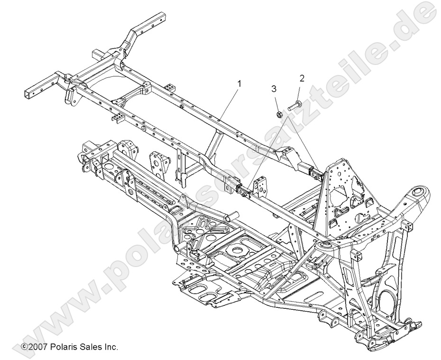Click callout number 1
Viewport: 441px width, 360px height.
tap(239, 83)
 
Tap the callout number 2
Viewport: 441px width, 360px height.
tap(301, 77)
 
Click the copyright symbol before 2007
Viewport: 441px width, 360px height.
tap(24, 347)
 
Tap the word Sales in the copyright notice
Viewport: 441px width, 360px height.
tap(89, 347)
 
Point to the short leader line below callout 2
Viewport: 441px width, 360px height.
tap(298, 90)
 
